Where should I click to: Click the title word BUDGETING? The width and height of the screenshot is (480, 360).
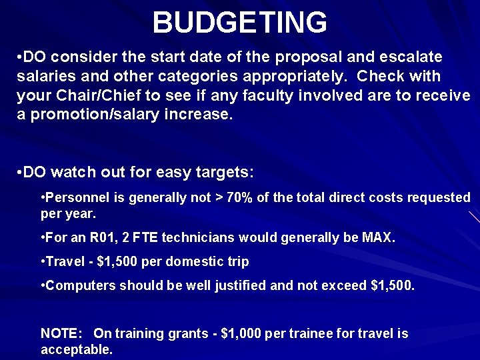(x=240, y=23)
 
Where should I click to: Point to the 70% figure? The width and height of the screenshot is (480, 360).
(x=241, y=197)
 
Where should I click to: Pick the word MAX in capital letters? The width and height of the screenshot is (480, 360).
(x=378, y=238)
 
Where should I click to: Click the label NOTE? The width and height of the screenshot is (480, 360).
(x=61, y=333)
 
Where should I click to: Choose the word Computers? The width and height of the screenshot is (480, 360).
(x=75, y=285)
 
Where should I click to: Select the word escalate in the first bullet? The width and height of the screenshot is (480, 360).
(x=413, y=57)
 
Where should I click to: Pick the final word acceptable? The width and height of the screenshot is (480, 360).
(x=77, y=349)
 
